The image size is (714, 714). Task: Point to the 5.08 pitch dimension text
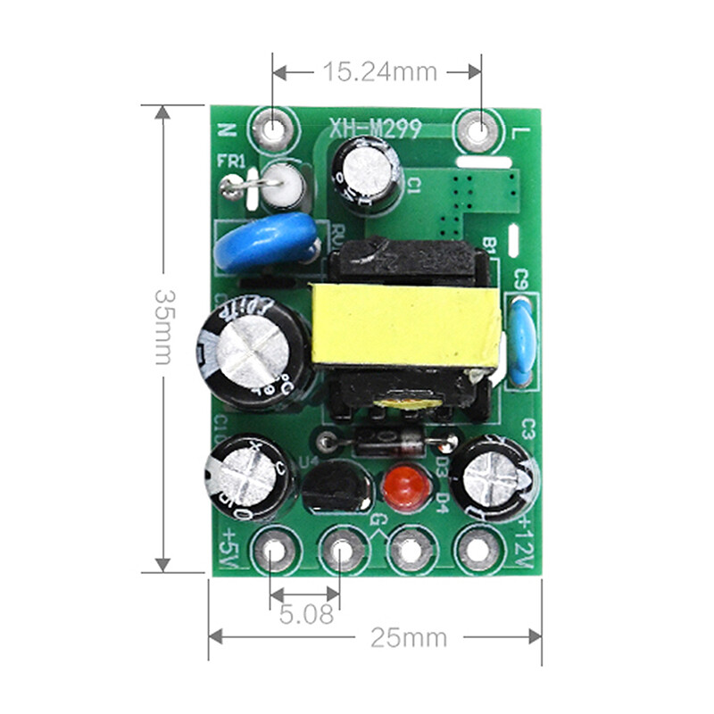pos(305,615)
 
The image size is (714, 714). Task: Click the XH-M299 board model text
pos(375,130)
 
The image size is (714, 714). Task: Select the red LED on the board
pos(402,486)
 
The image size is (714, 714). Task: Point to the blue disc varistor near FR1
pos(265,242)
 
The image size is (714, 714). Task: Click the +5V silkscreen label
pos(225,546)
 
